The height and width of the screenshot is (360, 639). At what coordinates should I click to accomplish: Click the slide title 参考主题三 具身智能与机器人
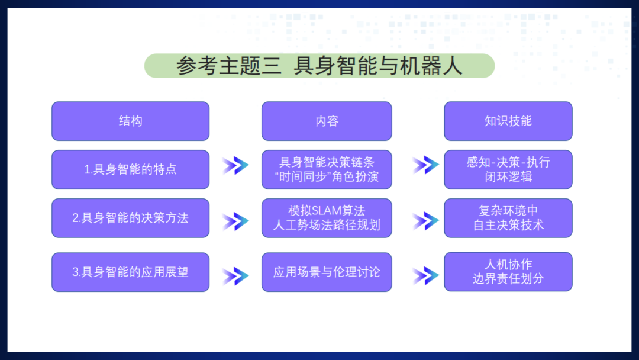(319, 66)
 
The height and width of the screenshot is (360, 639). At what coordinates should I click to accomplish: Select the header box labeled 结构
(130, 121)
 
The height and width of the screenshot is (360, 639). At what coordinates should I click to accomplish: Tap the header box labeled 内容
(327, 121)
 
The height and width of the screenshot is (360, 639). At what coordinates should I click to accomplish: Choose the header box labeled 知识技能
(508, 121)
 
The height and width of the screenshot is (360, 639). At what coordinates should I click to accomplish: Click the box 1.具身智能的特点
(130, 169)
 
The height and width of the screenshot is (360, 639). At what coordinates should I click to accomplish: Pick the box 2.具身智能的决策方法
(130, 218)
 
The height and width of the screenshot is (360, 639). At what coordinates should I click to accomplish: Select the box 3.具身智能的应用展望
(130, 272)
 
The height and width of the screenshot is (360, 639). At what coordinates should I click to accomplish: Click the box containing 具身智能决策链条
(327, 169)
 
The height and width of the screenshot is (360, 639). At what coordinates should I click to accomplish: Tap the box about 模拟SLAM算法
(327, 218)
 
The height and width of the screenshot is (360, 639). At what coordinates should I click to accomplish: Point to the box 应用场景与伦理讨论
(327, 272)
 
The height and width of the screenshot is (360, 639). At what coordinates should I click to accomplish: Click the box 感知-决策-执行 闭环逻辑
(508, 169)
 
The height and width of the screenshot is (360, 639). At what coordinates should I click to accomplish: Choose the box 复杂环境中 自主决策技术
(508, 218)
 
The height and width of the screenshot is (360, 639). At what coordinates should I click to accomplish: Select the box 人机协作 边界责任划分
(508, 272)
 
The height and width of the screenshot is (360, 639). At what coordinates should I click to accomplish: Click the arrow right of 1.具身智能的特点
(235, 166)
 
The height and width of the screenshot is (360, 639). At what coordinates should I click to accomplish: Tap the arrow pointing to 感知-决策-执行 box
(425, 166)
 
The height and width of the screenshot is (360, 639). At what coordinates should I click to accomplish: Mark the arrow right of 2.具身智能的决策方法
(235, 221)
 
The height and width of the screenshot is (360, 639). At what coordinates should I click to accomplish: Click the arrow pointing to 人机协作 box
(425, 275)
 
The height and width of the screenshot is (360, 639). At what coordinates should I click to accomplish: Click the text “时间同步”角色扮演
(327, 177)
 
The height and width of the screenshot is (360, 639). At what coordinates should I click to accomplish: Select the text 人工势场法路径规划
(327, 226)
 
